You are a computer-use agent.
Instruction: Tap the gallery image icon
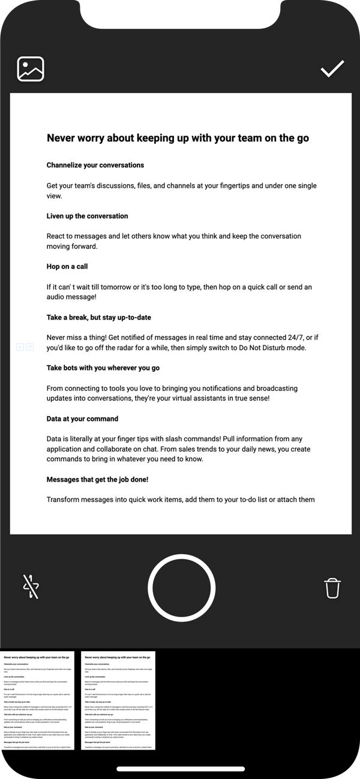[x=31, y=69]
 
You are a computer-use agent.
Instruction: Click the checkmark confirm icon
[x=332, y=69]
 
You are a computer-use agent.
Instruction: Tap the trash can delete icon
[x=332, y=588]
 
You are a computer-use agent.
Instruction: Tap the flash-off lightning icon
[x=31, y=586]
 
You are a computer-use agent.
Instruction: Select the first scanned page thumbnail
[x=37, y=700]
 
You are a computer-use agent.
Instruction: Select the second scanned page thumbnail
[x=118, y=700]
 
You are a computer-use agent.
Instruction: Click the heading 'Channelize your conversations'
[x=95, y=165]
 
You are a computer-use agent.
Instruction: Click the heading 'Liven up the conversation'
[x=87, y=216]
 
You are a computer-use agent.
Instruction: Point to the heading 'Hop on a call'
[x=67, y=266]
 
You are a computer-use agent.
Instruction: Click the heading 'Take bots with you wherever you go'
[x=103, y=368]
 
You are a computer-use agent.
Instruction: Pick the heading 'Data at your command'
[x=82, y=419]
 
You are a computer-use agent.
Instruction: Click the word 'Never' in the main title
[x=62, y=138]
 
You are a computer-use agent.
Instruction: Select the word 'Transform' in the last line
[x=65, y=500]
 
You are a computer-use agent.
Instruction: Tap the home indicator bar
[x=181, y=769]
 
